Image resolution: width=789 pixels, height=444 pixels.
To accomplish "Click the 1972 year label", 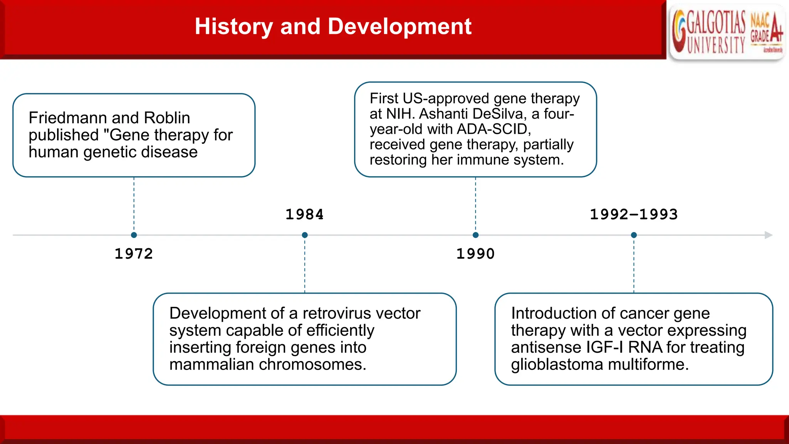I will [x=134, y=254].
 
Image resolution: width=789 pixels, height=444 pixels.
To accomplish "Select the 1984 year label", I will [x=304, y=215].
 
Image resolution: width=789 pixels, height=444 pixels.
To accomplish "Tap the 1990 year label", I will [x=475, y=254].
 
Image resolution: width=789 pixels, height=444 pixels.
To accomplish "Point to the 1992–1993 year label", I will [x=634, y=215].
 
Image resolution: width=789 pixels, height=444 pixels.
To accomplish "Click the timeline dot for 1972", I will [x=134, y=235].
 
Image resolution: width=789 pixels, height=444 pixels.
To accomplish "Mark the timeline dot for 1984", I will [x=305, y=235].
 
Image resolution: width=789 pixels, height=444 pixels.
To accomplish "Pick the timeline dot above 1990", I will [x=475, y=235].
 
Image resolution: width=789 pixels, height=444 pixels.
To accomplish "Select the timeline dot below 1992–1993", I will [x=634, y=235].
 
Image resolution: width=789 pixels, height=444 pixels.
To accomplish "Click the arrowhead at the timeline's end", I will [x=768, y=235].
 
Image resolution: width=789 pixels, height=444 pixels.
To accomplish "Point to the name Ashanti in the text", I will [x=443, y=114].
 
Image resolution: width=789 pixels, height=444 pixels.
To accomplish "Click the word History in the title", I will [x=234, y=27].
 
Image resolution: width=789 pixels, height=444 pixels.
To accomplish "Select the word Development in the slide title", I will [x=400, y=27].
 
